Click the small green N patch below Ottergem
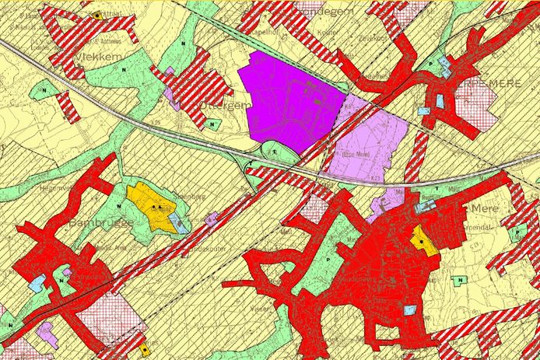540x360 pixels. coord(212,123)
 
